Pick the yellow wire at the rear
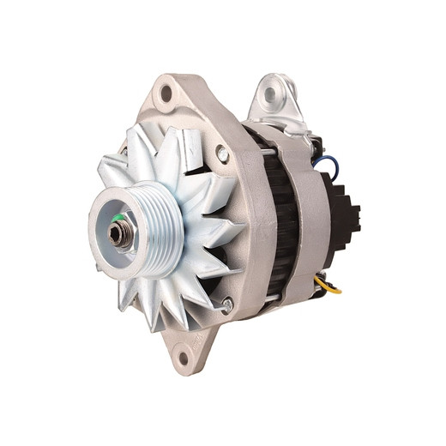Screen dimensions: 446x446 328,285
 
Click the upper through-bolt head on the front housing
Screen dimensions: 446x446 222,154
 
